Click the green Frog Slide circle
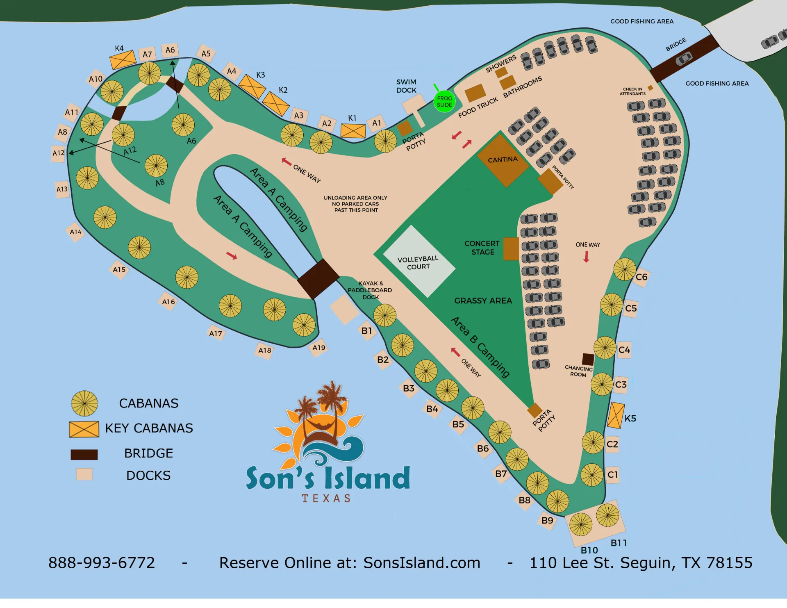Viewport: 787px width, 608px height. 444,101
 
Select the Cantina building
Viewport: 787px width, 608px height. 503,161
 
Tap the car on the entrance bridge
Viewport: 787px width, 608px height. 683,60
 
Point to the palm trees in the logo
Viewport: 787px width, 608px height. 324,404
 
